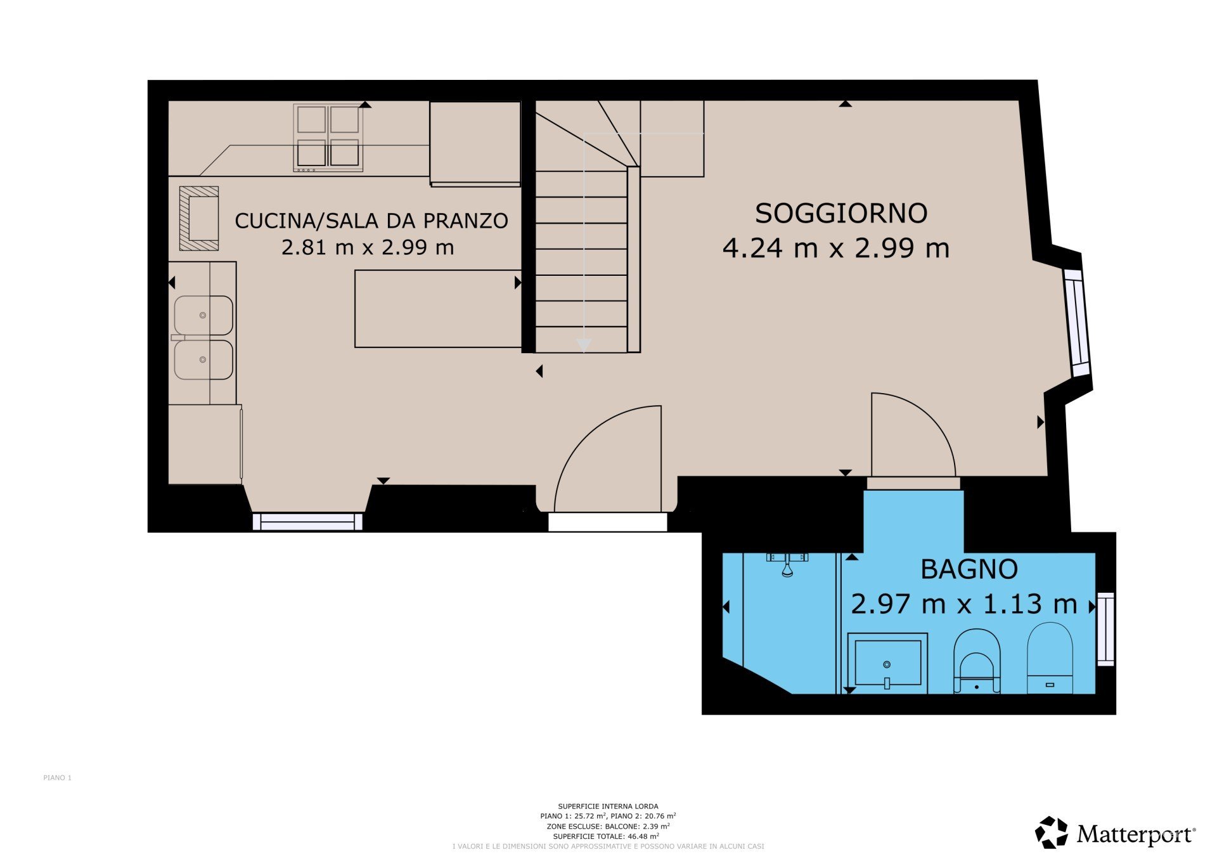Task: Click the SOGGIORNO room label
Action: click(841, 213)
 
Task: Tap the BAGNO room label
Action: click(969, 569)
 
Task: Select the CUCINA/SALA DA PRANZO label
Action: click(371, 221)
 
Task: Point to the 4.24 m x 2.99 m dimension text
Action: click(836, 248)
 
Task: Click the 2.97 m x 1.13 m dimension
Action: click(964, 604)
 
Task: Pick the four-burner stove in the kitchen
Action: click(328, 138)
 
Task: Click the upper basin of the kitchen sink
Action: click(203, 315)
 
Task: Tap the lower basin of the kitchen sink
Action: click(203, 359)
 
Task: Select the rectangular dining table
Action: click(438, 309)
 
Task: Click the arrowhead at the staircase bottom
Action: click(584, 345)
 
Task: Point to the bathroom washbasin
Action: click(887, 663)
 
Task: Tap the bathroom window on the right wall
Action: click(1105, 629)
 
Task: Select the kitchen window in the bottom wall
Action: click(307, 522)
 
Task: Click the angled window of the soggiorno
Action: click(1077, 323)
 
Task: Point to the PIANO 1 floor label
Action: click(58, 778)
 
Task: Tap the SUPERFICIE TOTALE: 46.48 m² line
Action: click(606, 836)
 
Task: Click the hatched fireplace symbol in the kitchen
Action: click(199, 218)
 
